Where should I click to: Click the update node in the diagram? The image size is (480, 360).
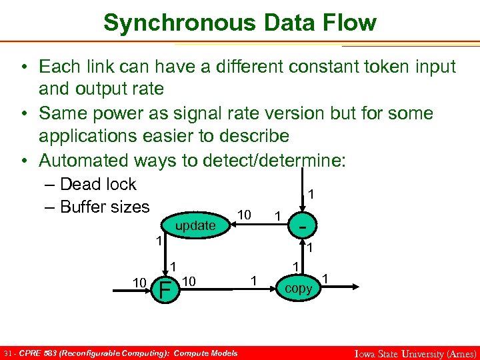tap(195, 225)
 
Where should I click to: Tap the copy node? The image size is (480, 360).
tap(298, 289)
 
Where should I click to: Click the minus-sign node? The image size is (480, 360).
tap(303, 226)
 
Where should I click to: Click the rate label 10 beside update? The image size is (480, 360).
tap(245, 215)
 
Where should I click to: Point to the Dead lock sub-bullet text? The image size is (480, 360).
tap(98, 185)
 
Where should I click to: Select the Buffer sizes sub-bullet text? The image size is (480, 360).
tap(105, 207)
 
